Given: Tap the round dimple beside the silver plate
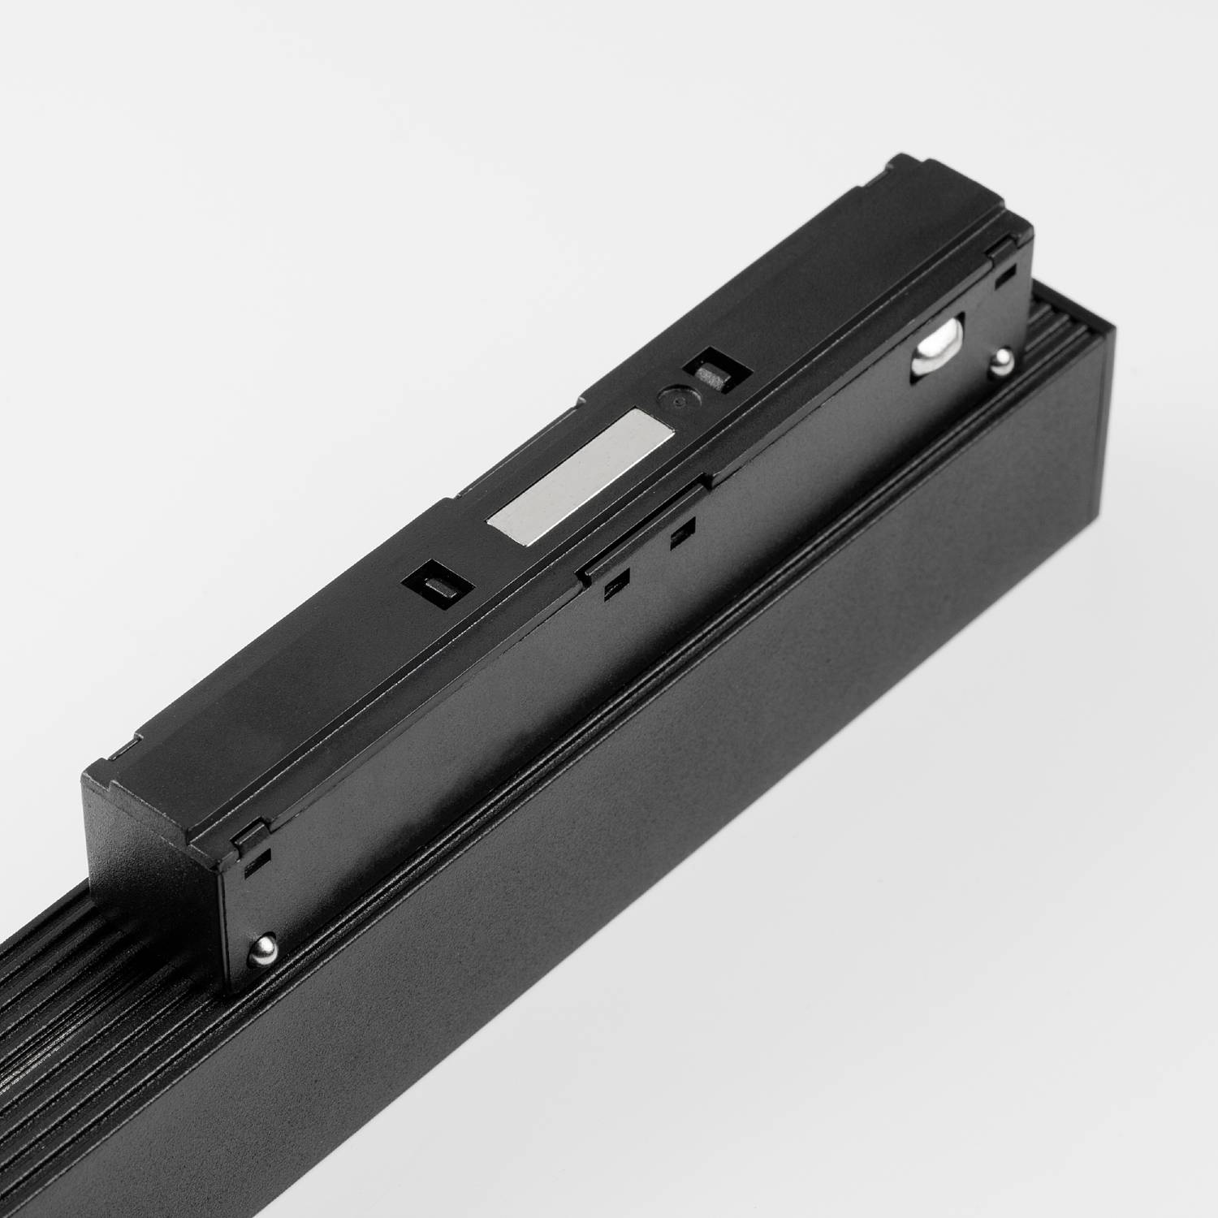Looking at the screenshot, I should [673, 400].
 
